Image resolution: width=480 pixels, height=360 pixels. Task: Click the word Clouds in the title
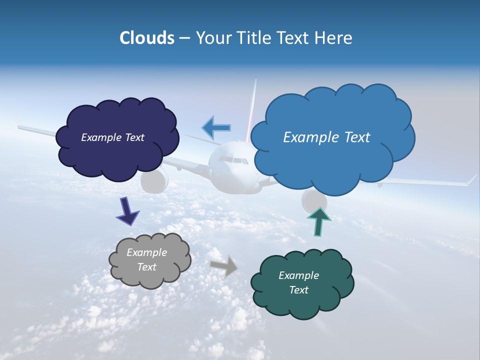coord(146,38)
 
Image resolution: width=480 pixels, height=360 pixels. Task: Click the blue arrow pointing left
coord(217,127)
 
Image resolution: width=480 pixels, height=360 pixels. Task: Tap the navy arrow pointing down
coord(127,210)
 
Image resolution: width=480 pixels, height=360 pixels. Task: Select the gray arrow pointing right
coord(223,265)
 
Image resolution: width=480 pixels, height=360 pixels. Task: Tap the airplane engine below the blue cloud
coord(313,200)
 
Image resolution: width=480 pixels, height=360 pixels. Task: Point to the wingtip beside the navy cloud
coord(18,122)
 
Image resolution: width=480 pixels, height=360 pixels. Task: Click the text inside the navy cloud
coord(112,137)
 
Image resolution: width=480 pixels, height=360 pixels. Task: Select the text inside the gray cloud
coord(146,260)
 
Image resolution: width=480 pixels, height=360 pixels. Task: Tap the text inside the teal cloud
coord(298,282)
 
